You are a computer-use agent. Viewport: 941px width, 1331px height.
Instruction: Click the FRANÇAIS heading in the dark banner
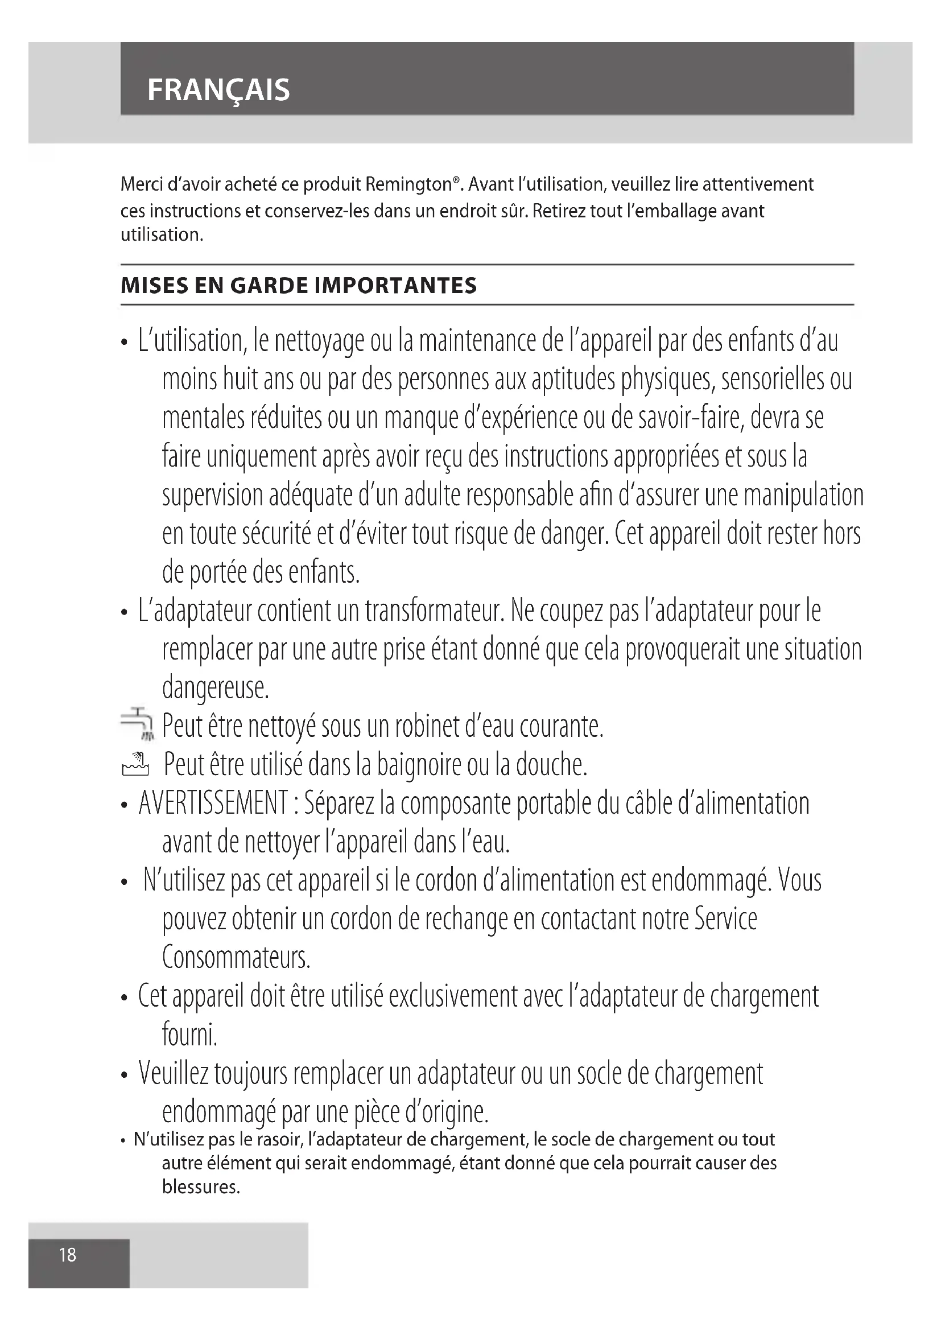pyautogui.click(x=218, y=90)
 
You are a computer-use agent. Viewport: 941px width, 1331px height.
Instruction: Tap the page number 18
pyautogui.click(x=68, y=1255)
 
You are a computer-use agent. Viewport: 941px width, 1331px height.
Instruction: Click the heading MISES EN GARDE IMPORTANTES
pyautogui.click(x=299, y=285)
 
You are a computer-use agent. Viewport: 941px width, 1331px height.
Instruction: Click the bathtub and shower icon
pyautogui.click(x=135, y=764)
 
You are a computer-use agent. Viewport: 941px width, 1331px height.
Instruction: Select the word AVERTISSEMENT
pyautogui.click(x=213, y=803)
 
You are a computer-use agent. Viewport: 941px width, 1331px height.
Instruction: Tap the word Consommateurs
pyautogui.click(x=236, y=957)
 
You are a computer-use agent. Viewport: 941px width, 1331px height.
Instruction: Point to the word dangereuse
pyautogui.click(x=216, y=688)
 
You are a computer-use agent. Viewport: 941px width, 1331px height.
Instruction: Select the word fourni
pyautogui.click(x=189, y=1035)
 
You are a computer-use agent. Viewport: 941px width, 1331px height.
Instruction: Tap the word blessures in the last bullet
pyautogui.click(x=200, y=1187)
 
